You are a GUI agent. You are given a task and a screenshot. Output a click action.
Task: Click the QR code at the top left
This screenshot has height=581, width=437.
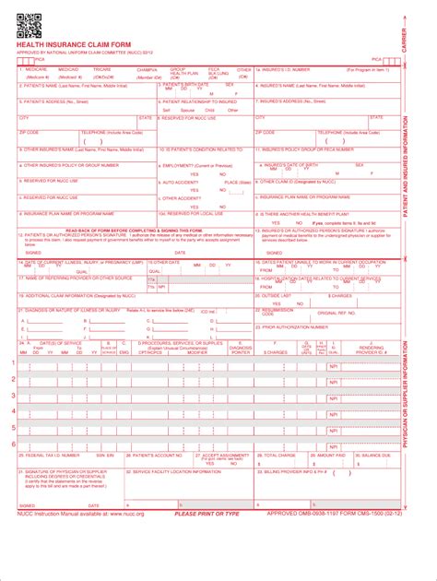[29, 27]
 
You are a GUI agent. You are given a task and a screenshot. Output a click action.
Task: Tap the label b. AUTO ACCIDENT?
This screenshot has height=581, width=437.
[182, 182]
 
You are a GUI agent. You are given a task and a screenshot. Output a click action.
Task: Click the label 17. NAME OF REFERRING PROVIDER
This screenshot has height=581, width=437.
[78, 278]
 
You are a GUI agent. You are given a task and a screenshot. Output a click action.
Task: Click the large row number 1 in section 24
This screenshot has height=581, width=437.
[13, 362]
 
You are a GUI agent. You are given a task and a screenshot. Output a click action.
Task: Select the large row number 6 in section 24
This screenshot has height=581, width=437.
[13, 444]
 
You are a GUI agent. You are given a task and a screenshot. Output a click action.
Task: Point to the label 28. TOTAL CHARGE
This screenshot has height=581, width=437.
[277, 456]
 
